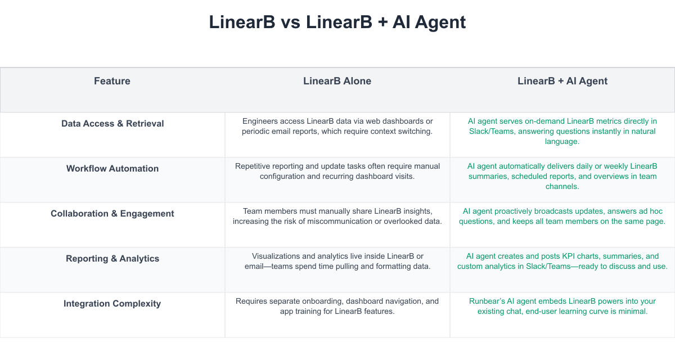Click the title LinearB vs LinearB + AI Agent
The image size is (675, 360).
tap(337, 22)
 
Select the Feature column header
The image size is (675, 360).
tap(112, 81)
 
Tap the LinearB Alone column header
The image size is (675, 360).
tap(337, 81)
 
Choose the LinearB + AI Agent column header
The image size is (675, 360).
tap(562, 81)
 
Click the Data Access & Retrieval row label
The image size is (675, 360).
tap(112, 124)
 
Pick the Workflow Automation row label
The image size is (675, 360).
tap(112, 169)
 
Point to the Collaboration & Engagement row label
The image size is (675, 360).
tap(112, 214)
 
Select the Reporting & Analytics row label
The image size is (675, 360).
tap(112, 259)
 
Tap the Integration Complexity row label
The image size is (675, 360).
tap(112, 304)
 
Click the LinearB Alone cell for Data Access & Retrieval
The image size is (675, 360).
tap(337, 127)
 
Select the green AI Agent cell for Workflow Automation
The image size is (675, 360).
tap(562, 176)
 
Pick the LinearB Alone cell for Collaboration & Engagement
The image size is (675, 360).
tap(337, 217)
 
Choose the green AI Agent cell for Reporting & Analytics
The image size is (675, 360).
tap(562, 262)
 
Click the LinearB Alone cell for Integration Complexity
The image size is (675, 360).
tap(337, 307)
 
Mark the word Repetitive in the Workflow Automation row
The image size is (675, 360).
tap(254, 166)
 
